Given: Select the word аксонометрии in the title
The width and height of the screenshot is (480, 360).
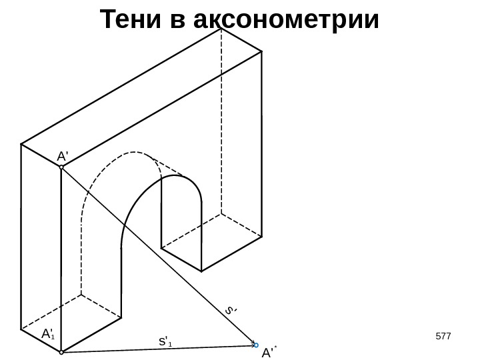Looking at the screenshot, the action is (285, 20).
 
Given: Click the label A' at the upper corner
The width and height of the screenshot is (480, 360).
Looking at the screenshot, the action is (63, 155).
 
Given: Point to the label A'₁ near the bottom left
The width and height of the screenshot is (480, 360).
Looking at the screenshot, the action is (47, 333).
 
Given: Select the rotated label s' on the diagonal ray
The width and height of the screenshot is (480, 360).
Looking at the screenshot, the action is (231, 310).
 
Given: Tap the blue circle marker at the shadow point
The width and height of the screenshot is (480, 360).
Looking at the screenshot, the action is (256, 345).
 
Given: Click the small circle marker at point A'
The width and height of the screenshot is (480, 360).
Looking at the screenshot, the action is (61, 167).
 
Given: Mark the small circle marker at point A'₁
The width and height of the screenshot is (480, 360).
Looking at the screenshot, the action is (61, 351).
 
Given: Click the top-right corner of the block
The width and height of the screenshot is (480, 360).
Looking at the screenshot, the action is (262, 51).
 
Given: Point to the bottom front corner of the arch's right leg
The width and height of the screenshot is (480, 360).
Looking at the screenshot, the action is (201, 271).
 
